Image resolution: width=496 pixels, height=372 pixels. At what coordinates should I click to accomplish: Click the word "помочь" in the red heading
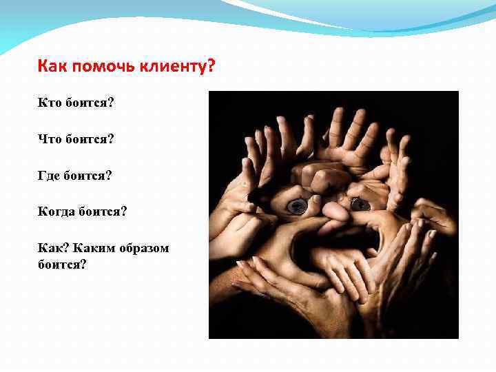pos(99,68)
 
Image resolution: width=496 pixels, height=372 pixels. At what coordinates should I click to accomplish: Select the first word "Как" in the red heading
pos(52,68)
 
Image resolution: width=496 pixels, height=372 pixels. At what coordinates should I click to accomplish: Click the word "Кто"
pos(49,103)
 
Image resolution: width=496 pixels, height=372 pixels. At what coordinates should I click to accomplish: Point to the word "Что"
pos(49,139)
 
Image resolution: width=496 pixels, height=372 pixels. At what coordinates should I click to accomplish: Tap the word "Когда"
pos(56,211)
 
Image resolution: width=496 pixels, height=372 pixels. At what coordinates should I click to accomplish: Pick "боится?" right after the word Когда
pos(103,211)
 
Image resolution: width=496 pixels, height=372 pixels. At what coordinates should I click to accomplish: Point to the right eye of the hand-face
pos(359,204)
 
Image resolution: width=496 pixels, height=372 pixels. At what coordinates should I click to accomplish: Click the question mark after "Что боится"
pos(111,139)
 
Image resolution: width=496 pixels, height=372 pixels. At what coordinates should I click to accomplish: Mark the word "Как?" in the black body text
pos(51,247)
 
